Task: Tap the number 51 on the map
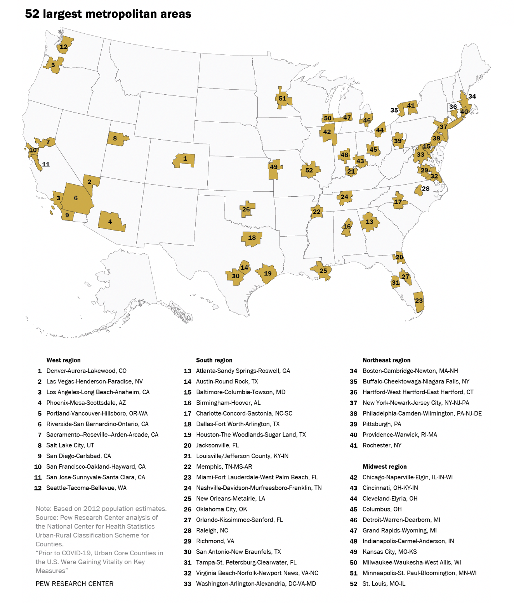point(283,99)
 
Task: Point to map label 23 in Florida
point(419,301)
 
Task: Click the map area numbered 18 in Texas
point(252,238)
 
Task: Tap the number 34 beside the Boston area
point(472,96)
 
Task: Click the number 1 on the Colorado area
point(185,159)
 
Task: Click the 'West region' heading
point(64,360)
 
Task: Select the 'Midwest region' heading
point(384,466)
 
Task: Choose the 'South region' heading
point(214,360)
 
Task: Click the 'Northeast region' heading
point(386,360)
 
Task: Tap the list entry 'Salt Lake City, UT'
point(70,445)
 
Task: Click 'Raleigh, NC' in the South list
point(212,530)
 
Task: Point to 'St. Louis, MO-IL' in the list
point(384,584)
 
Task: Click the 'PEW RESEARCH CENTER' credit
point(75,584)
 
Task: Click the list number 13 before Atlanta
point(188,371)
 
